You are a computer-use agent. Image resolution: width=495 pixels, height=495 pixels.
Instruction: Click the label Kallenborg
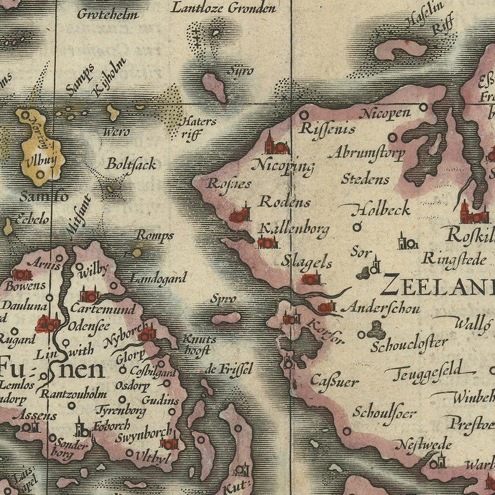294,228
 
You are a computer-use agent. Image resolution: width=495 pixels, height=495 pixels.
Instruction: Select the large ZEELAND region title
437,284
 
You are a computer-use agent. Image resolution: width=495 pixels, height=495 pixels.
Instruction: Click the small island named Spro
226,318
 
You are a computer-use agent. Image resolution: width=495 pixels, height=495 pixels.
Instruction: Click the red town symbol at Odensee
47,324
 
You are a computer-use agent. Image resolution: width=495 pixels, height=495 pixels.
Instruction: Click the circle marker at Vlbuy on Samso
40,175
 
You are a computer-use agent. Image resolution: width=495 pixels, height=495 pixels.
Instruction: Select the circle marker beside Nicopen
423,107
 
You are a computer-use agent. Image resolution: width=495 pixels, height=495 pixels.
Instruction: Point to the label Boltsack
131,164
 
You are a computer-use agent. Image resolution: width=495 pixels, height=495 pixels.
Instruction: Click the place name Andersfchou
380,309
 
